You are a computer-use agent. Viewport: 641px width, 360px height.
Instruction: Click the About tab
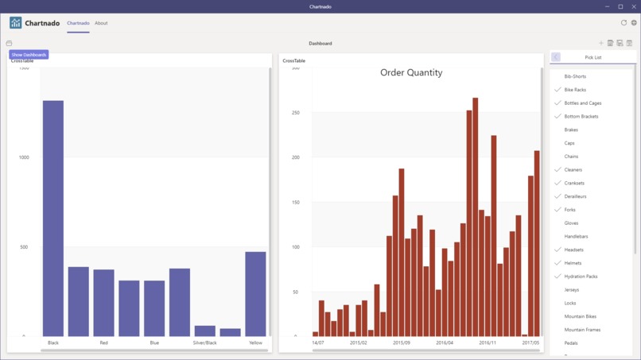coord(101,23)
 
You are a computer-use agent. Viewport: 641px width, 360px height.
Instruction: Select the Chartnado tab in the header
coord(78,23)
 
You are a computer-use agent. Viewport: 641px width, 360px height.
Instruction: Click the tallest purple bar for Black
coord(53,218)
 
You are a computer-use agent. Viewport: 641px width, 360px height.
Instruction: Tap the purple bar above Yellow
coord(255,293)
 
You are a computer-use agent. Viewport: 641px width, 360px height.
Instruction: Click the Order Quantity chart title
coord(411,72)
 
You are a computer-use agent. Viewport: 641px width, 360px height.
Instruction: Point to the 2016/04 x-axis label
coord(445,343)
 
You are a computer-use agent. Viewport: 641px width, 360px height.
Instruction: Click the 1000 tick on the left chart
coord(24,157)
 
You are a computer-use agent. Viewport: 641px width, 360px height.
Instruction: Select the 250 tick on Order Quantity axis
coord(295,113)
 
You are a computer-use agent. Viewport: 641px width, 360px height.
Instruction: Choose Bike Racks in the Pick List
coord(575,90)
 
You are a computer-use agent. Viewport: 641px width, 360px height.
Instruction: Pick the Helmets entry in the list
coord(573,263)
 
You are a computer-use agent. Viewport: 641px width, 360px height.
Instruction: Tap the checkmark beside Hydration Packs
coord(557,277)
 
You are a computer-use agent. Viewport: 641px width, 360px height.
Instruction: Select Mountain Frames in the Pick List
coord(582,330)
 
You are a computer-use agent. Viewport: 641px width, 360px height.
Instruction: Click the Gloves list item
coord(571,223)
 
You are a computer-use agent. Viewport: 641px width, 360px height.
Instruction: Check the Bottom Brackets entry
coord(581,117)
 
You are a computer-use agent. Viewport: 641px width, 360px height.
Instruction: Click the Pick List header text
coord(593,57)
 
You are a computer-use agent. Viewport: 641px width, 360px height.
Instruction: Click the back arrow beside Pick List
coord(556,57)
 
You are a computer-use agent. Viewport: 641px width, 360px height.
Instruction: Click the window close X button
coord(634,6)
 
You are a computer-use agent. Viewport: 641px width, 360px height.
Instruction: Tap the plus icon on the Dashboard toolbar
coord(601,43)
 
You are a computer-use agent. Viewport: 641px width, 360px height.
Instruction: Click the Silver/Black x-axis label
coord(204,343)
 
